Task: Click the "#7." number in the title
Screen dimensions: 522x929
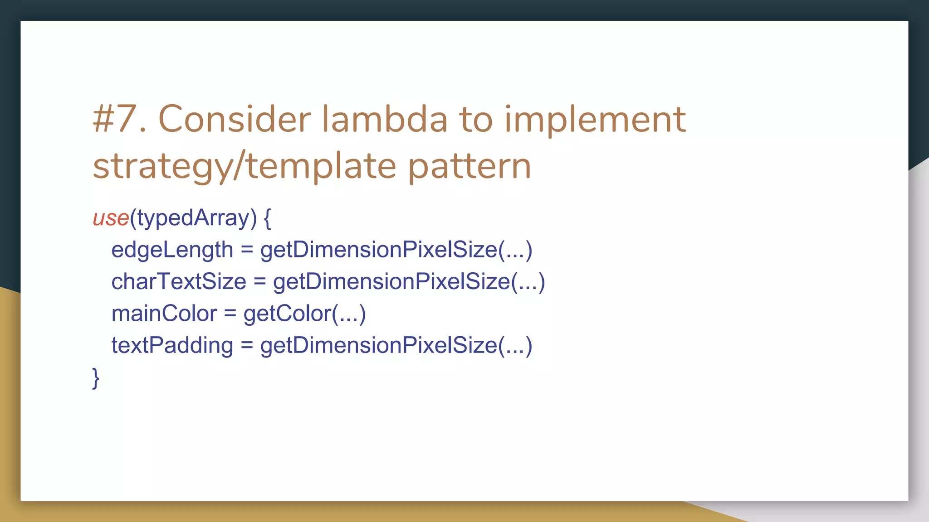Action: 119,119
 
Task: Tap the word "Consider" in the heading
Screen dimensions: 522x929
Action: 234,119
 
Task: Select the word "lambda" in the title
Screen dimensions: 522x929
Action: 385,119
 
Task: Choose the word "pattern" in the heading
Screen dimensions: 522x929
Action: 469,167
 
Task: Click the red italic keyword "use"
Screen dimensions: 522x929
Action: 111,218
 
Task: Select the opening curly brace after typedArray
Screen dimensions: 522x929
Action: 267,218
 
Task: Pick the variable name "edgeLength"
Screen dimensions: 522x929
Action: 172,250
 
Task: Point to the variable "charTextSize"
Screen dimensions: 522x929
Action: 178,281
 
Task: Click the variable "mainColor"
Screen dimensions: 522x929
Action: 164,314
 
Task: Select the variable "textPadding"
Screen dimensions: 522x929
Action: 172,345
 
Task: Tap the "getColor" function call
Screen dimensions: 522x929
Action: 287,314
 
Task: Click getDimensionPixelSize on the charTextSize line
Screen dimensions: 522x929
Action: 391,281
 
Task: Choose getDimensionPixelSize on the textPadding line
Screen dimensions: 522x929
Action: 379,345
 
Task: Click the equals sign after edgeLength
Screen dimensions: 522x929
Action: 246,250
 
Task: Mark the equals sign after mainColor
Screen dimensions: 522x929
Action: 230,314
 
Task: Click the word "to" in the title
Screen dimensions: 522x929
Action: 476,119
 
